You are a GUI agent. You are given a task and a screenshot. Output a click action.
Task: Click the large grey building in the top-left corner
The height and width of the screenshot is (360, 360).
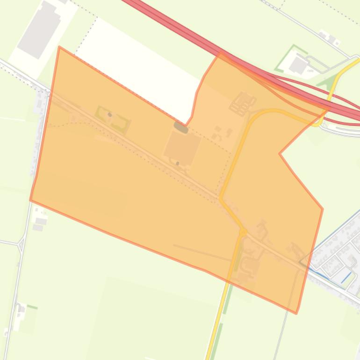point(39,29)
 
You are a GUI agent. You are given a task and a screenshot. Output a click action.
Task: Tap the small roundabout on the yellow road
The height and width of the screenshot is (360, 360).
point(243,231)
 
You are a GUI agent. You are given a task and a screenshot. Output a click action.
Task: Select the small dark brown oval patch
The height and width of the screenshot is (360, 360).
point(181,127)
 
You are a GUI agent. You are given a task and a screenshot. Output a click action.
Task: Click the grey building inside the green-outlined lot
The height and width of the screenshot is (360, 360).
point(298,66)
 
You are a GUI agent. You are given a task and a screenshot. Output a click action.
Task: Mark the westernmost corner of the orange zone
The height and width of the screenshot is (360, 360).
point(30,200)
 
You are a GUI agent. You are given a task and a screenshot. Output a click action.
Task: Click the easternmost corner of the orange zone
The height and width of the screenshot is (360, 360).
point(323,209)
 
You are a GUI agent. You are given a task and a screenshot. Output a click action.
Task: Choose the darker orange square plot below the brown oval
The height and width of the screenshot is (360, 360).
point(182,147)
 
